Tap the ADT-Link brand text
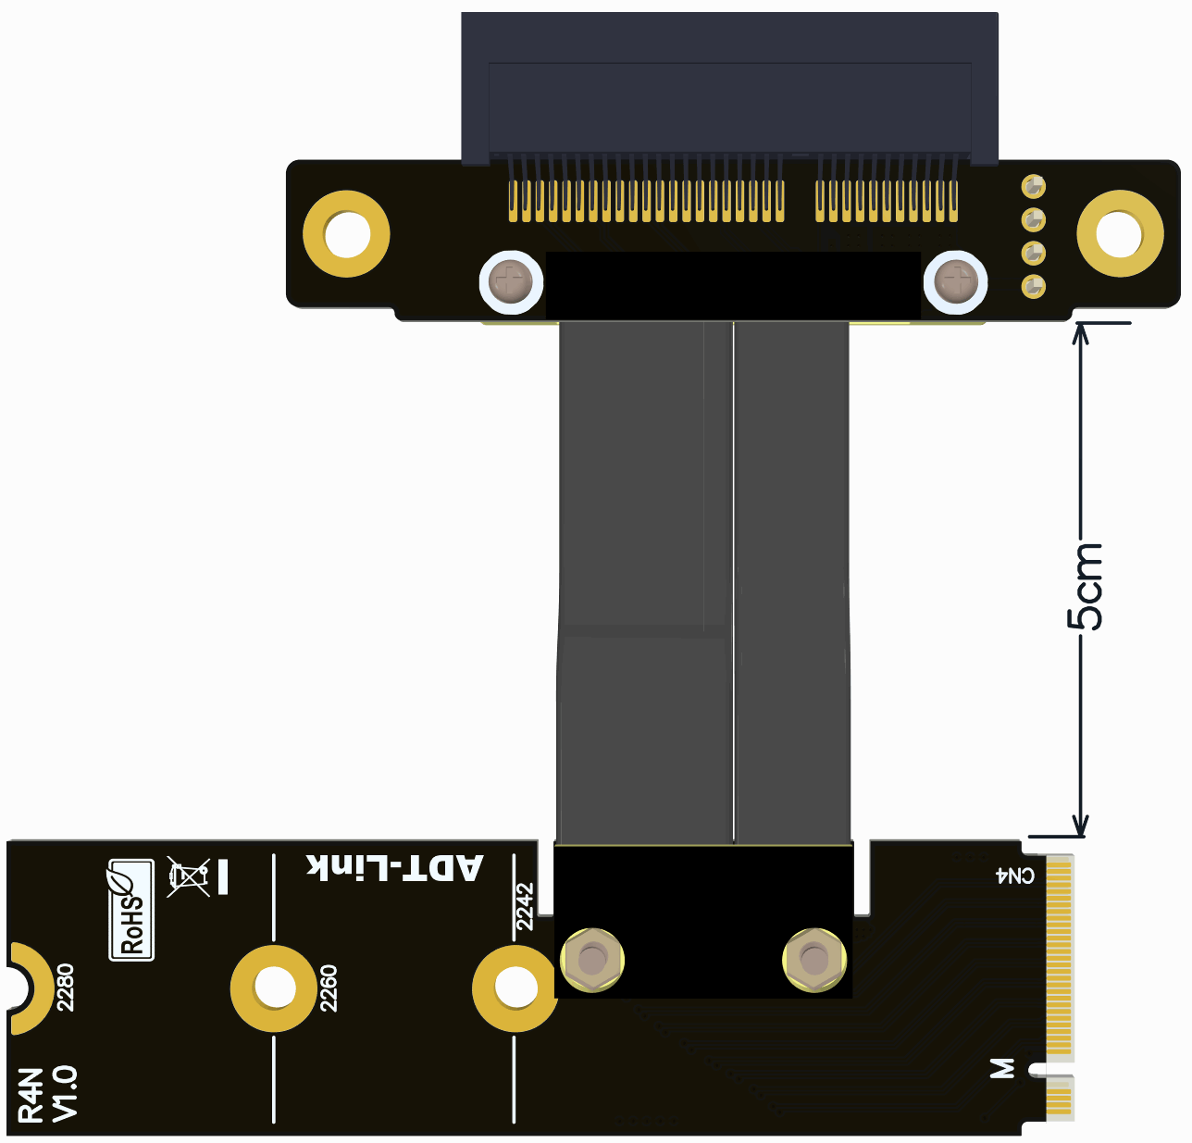tap(395, 867)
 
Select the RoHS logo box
tap(131, 910)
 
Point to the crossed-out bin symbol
tap(188, 876)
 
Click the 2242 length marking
tap(525, 906)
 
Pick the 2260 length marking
tap(328, 988)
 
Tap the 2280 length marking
tap(65, 987)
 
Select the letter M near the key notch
tap(1002, 1069)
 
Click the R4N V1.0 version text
tap(48, 1094)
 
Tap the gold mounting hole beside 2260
tap(274, 988)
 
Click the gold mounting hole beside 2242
tap(515, 988)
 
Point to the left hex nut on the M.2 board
tap(590, 960)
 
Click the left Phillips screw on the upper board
tap(511, 281)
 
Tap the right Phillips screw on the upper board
tap(956, 281)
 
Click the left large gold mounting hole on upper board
tap(346, 234)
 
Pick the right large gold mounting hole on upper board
tap(1120, 234)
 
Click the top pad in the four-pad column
tap(1033, 187)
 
